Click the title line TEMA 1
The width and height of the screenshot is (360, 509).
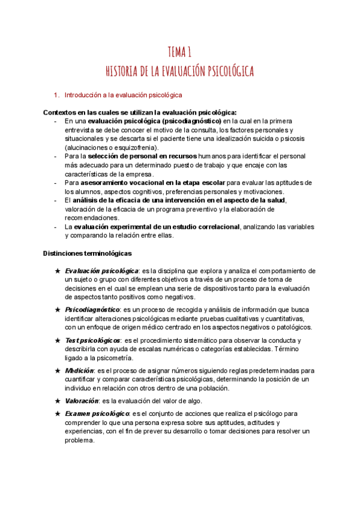click(x=180, y=52)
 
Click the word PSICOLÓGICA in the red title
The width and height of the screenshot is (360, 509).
click(x=222, y=71)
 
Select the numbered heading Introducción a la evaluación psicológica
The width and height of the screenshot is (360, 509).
click(x=123, y=95)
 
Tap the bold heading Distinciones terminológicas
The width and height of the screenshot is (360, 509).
click(x=88, y=253)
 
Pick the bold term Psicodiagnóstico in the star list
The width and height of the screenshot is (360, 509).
click(x=91, y=309)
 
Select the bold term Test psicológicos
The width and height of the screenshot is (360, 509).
click(x=92, y=340)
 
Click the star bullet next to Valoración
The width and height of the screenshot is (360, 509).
click(x=58, y=401)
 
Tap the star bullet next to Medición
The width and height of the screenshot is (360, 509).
click(x=58, y=370)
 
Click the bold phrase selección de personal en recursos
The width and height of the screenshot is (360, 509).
click(x=142, y=156)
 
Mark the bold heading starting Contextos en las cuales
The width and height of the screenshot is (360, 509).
click(x=140, y=112)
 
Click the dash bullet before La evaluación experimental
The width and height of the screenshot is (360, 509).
click(x=56, y=226)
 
